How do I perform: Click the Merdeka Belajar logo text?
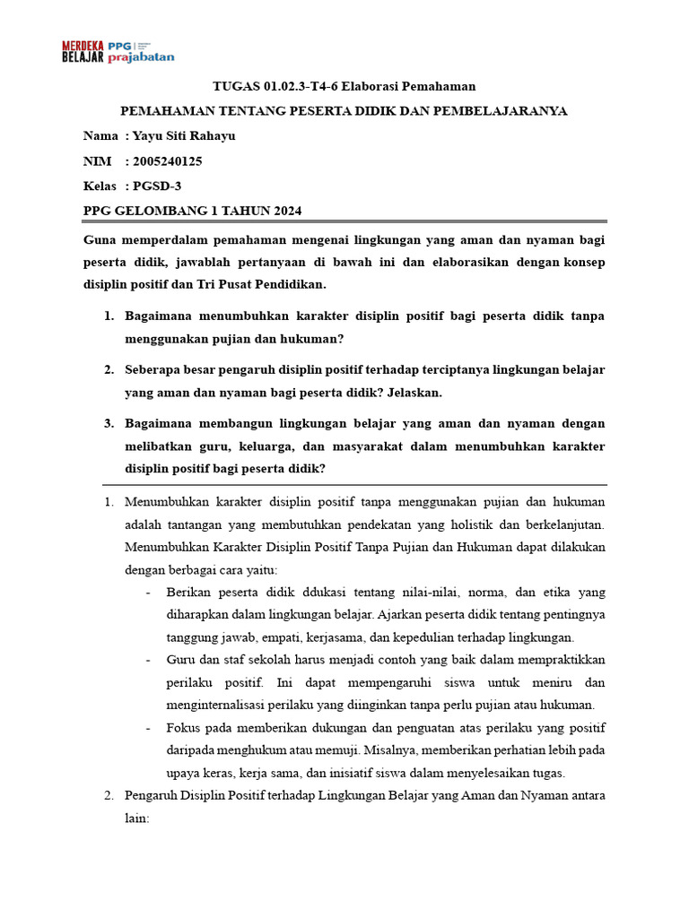coord(83,51)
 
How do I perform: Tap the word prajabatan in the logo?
coord(141,57)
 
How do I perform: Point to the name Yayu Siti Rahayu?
coord(184,136)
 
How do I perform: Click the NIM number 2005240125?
coord(167,161)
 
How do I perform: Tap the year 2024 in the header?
coord(282,211)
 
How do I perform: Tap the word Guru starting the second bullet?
coord(181,660)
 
